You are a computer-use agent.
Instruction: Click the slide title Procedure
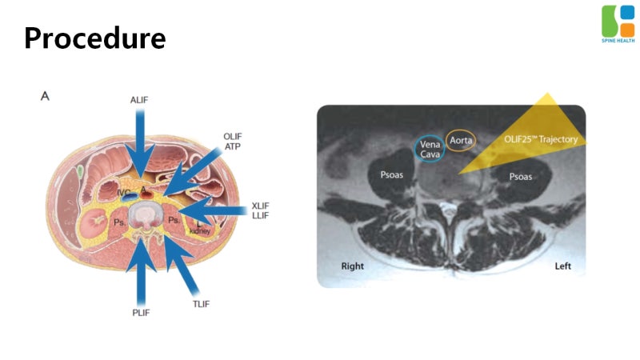click(95, 38)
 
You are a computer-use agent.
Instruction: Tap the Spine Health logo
click(618, 24)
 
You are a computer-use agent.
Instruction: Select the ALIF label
click(139, 100)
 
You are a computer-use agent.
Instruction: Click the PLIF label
click(141, 313)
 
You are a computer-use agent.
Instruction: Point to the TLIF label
click(201, 304)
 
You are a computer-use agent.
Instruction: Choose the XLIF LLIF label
click(261, 210)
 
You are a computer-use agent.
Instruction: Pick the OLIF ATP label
click(232, 142)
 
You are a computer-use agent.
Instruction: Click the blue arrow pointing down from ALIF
click(140, 144)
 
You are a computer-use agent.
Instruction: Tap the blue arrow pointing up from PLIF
click(141, 271)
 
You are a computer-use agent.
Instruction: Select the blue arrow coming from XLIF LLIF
click(212, 211)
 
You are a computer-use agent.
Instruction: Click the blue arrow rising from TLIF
click(181, 265)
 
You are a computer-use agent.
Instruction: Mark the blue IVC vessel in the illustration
click(129, 197)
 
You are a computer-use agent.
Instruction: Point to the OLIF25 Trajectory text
click(541, 139)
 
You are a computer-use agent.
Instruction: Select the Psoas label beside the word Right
click(392, 175)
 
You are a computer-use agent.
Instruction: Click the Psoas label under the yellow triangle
click(521, 177)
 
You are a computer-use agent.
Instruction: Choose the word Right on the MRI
click(352, 266)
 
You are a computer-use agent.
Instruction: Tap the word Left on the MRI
click(563, 266)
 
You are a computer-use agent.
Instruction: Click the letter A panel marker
click(45, 96)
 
